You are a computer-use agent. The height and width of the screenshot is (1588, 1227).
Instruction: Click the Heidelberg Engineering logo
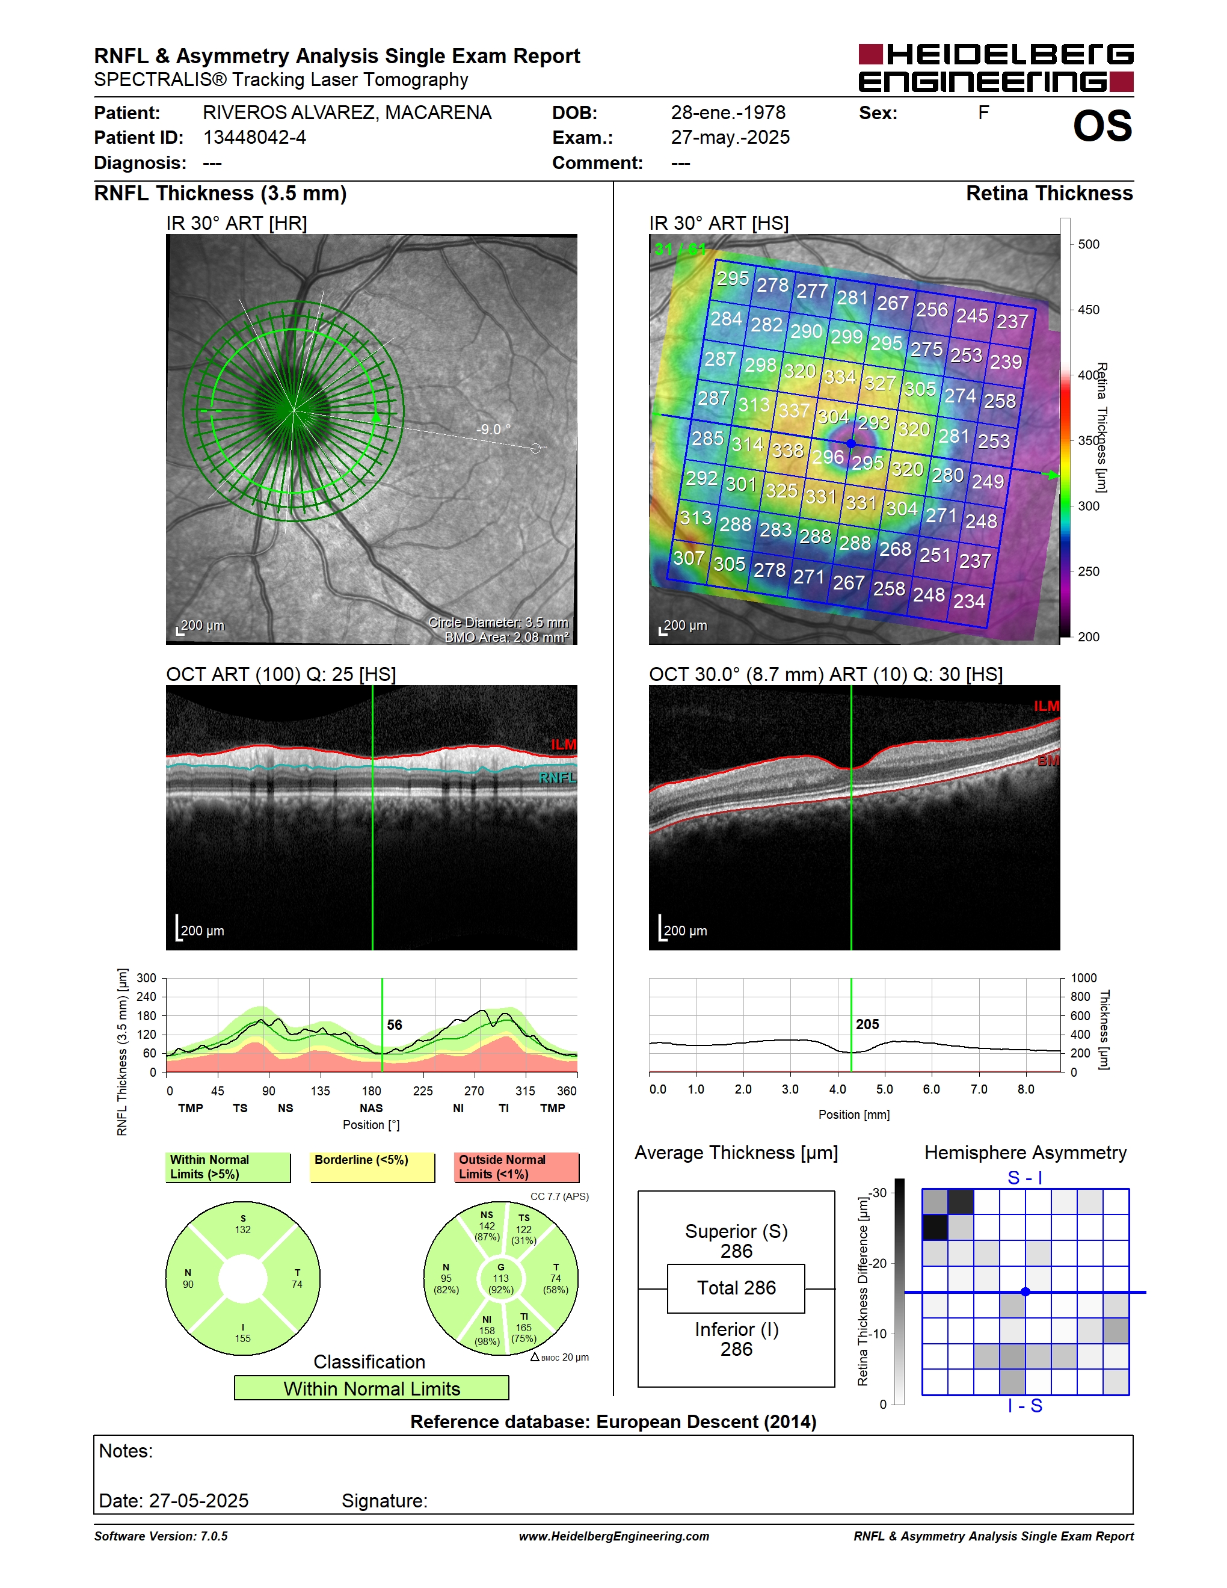tap(996, 67)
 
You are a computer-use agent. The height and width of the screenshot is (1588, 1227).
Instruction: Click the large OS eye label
tap(1102, 126)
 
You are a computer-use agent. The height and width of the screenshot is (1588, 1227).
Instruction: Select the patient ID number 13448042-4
tap(254, 137)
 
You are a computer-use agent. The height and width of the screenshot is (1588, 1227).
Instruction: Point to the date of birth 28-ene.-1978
tap(728, 112)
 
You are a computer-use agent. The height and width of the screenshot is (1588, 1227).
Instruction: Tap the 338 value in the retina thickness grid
tap(787, 451)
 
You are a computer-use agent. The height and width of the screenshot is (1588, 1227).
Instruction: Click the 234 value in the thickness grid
tap(969, 602)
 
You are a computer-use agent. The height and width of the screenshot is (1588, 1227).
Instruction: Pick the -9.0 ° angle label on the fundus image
tap(493, 429)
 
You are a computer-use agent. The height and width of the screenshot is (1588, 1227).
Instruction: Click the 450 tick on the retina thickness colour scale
tap(1088, 310)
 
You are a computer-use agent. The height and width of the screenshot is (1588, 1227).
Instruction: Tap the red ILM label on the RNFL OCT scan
tap(564, 745)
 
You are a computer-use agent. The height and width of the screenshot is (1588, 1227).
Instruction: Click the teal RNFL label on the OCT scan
tap(558, 777)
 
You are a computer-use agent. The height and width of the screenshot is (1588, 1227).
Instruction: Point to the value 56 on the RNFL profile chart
tap(394, 1024)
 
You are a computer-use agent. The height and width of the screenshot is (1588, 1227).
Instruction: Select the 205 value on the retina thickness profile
tap(867, 1024)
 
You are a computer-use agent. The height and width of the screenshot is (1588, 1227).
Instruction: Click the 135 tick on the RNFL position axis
tap(320, 1091)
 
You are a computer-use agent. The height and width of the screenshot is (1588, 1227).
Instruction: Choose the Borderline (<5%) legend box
tap(372, 1167)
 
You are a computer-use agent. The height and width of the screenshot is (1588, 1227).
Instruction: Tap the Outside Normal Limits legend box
tap(517, 1167)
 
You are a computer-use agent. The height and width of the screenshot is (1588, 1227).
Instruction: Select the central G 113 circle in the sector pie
tap(501, 1278)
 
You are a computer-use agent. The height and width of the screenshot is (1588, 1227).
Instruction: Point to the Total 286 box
tap(736, 1288)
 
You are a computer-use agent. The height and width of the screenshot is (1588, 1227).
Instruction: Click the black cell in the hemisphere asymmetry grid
tap(935, 1227)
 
